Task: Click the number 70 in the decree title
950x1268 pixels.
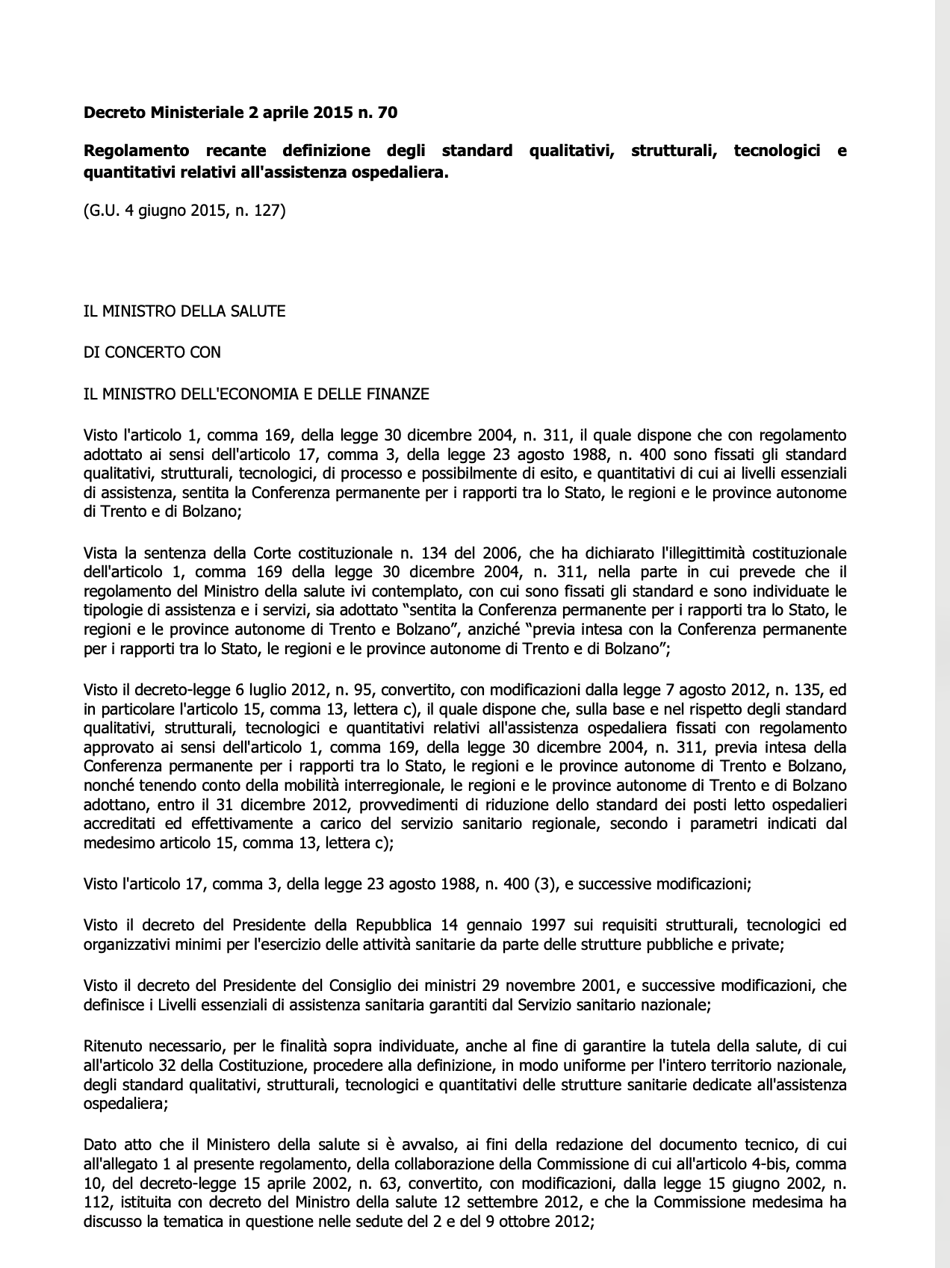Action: [x=387, y=114]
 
